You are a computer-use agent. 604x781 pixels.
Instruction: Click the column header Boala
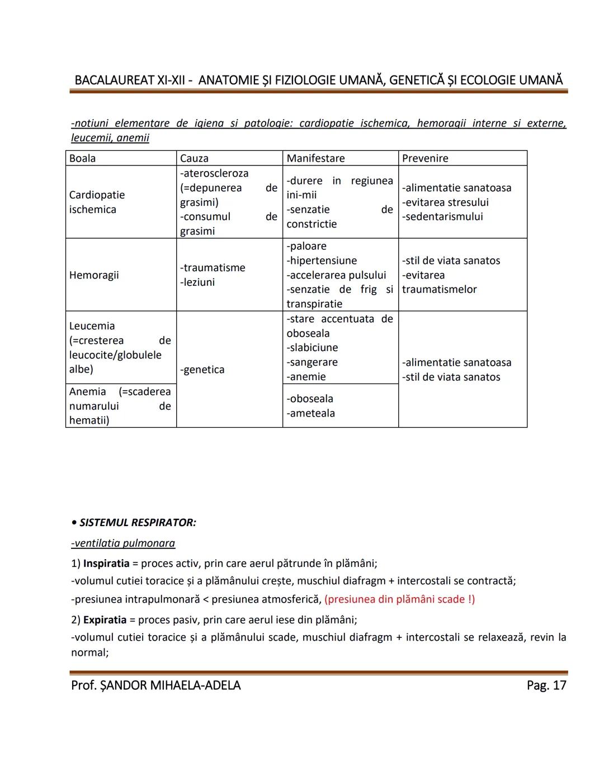click(82, 158)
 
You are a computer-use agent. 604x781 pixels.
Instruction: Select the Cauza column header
click(194, 158)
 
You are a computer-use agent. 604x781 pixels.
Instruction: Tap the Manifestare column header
click(315, 158)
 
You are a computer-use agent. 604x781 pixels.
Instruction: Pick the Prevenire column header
click(425, 158)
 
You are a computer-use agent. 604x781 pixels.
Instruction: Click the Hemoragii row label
click(94, 275)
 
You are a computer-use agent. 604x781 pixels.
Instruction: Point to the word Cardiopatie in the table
click(97, 195)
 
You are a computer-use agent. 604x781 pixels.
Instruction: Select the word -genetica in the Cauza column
click(202, 370)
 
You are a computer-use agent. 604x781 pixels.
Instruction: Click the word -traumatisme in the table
click(213, 268)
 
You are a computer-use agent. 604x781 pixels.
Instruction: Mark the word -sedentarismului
click(442, 216)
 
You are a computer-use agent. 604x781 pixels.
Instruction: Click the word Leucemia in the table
click(92, 326)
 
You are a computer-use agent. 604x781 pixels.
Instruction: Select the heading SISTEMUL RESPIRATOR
click(137, 523)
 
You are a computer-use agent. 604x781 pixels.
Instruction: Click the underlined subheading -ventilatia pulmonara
click(123, 543)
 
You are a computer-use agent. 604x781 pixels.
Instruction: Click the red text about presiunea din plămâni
click(399, 599)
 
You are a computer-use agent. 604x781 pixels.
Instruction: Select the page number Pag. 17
click(546, 685)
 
